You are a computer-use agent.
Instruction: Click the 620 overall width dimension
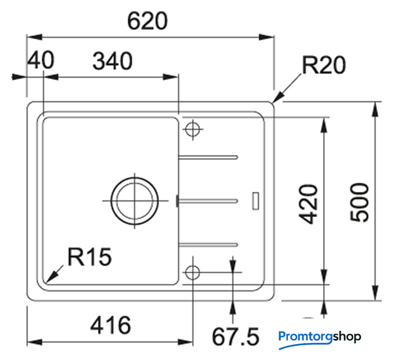pos(148,21)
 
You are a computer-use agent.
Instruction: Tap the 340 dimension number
pos(113,61)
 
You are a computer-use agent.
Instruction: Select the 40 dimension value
pos(41,60)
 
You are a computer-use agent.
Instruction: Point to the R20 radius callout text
pos(324,65)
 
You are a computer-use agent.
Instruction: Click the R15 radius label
pos(90,257)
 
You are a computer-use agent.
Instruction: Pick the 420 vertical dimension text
pos(309,204)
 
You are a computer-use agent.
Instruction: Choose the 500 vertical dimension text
pos(359,202)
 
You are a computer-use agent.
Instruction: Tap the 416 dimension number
pos(110,325)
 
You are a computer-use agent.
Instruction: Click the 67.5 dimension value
pos(235,337)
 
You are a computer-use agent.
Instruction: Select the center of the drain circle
pos(135,201)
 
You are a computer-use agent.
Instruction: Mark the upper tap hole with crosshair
pos(193,129)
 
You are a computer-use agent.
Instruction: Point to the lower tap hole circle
pos(193,272)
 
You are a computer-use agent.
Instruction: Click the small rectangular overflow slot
pos(256,201)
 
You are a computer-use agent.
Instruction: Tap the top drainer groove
pos(208,157)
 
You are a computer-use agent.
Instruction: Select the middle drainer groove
pos(208,201)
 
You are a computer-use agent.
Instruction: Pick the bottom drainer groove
pos(208,245)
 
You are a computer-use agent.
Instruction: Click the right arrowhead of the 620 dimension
pos(266,37)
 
